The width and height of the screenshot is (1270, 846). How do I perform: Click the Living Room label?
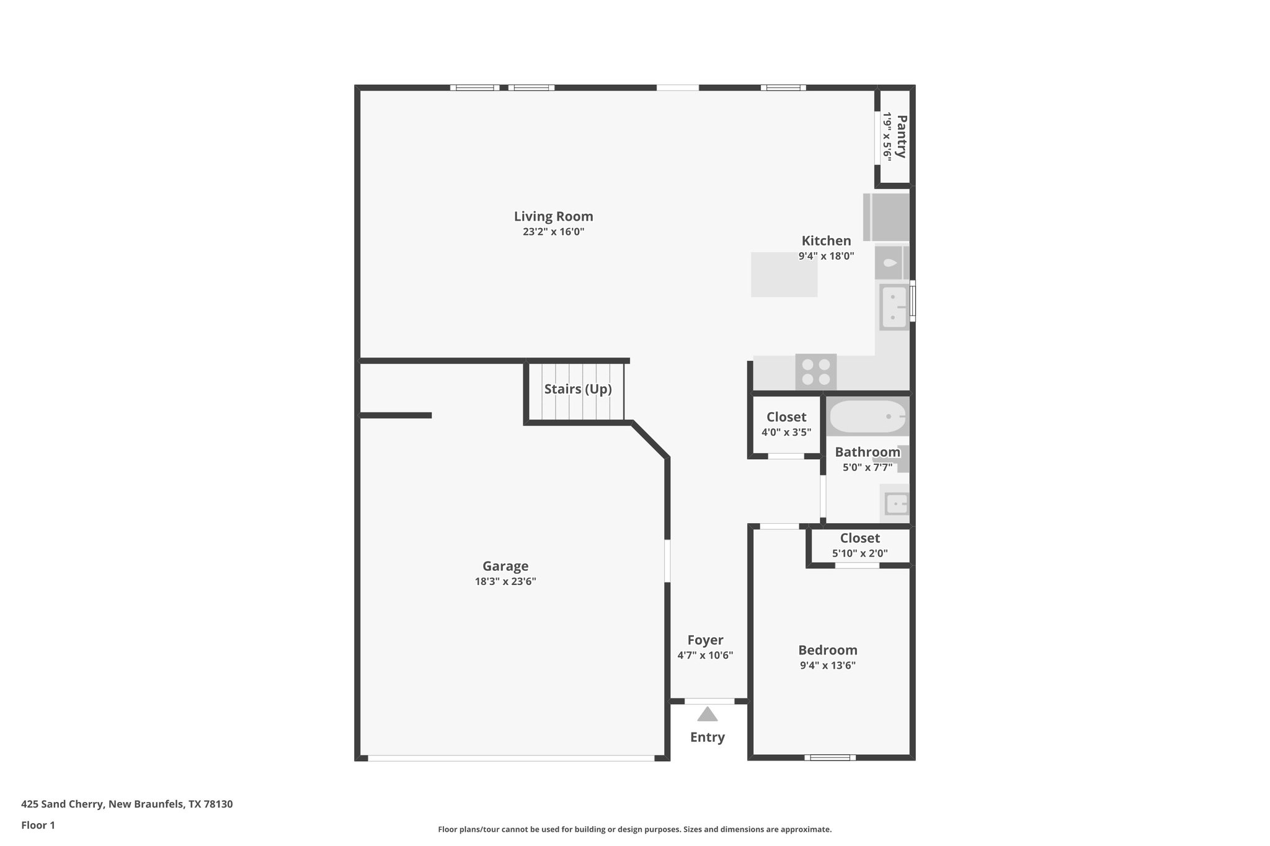point(553,216)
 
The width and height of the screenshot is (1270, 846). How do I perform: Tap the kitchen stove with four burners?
point(815,372)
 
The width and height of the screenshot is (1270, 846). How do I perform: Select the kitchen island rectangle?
point(784,274)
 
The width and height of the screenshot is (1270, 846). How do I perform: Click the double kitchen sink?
point(894,307)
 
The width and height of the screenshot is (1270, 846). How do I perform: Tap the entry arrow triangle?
point(707,715)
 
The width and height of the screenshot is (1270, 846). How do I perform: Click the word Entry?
point(707,737)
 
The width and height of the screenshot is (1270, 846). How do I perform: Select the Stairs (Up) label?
point(577,389)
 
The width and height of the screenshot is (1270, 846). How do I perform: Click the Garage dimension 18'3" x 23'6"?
point(505,581)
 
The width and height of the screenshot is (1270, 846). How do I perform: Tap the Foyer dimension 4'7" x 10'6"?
point(705,655)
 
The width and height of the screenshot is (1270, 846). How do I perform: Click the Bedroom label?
point(827,650)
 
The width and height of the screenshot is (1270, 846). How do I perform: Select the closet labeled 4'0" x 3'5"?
point(786,425)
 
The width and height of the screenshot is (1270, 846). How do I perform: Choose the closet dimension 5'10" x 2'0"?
point(859,553)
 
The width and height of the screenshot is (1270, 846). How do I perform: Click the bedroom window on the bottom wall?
point(830,757)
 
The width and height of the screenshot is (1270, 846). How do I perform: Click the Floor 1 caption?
point(38,825)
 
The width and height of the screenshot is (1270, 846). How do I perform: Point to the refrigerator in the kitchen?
point(886,218)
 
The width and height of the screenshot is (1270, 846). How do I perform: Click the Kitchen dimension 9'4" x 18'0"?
point(826,256)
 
